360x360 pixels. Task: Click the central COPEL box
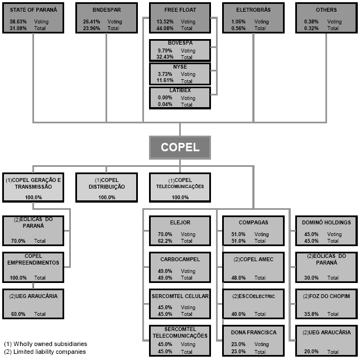coord(180,147)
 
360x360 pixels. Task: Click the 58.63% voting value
coord(17,22)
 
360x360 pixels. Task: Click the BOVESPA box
coord(180,50)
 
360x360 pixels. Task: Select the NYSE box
coord(180,74)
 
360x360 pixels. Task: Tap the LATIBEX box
coord(180,97)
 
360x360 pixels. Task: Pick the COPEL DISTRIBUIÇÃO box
coord(107,188)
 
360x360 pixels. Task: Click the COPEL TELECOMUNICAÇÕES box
coord(180,188)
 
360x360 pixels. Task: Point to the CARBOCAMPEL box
coord(180,267)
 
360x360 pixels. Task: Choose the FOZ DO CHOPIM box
coord(326,304)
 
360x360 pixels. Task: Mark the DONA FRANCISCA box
coord(253,340)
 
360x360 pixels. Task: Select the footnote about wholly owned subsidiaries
coord(45,344)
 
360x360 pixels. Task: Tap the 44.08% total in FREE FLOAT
coord(166,28)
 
